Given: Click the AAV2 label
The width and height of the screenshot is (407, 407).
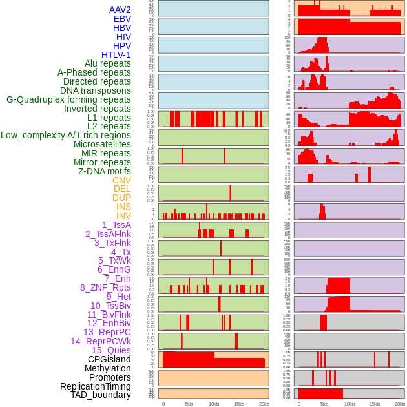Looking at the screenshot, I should (120, 10).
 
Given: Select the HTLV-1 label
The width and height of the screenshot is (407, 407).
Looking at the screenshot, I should (116, 55).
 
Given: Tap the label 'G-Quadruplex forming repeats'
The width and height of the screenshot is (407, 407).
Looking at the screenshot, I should (68, 99).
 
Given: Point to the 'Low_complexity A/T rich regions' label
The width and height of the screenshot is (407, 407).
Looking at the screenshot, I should (66, 135).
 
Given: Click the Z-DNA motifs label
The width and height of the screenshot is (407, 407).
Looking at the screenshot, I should (105, 171).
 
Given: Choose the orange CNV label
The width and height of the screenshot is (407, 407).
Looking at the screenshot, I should (121, 180).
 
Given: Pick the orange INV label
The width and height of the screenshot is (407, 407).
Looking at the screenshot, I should (123, 216).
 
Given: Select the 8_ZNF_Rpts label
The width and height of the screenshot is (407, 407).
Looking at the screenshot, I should (105, 287).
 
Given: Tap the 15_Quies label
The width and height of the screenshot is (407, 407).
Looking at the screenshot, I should (111, 350).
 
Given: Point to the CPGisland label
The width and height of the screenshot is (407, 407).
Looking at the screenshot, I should (109, 359).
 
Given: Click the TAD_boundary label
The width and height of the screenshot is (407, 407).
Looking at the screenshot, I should (101, 395).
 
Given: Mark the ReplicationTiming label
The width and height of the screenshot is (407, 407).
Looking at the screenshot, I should (96, 386).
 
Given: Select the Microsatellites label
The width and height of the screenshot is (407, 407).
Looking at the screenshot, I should (102, 144).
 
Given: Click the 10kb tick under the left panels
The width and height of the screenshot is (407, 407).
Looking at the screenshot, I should (214, 404).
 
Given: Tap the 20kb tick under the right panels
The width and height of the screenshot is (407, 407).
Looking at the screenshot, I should (400, 404).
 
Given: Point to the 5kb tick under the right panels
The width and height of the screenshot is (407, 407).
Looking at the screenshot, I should (324, 404).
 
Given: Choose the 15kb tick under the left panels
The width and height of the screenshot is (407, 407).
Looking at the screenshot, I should (239, 404).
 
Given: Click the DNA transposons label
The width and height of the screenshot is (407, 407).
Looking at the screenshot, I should (96, 90).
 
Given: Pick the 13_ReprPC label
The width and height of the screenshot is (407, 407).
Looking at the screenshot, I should (107, 332).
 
